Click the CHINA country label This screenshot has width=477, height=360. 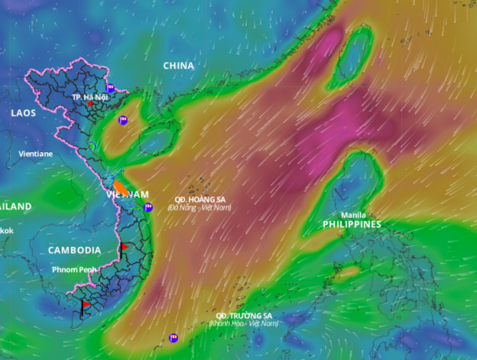coord(178,66)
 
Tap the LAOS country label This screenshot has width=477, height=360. coord(23,112)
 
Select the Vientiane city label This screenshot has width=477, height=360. coord(36,154)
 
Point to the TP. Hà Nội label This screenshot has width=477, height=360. coord(88,97)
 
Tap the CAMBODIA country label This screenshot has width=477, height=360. coord(74,250)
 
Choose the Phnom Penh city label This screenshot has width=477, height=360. coord(75,270)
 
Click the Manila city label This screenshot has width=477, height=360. coord(352,215)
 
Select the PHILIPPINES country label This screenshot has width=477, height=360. coord(351,225)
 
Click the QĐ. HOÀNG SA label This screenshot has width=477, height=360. coord(200,198)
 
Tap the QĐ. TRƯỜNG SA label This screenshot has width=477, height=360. coord(243,316)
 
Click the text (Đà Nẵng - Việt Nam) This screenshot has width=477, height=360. coord(200,207)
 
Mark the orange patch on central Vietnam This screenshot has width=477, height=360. coord(121,186)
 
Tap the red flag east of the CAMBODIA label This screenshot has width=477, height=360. coord(123,247)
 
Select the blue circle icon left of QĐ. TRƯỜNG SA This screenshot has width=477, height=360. coord(174,337)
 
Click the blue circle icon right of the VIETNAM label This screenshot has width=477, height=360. coord(148,207)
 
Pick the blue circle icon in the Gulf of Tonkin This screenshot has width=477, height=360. coord(122,120)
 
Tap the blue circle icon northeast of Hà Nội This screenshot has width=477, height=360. coord(111,87)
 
